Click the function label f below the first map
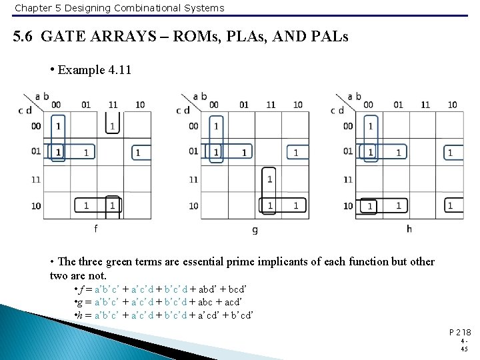95,228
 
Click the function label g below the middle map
255,229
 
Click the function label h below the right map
409,229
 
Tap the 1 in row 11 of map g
269,179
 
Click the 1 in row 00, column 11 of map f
112,125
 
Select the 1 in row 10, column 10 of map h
450,205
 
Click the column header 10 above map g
298,105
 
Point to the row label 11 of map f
35,179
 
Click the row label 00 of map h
348,126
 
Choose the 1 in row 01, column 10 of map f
138,153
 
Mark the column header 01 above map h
398,105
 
